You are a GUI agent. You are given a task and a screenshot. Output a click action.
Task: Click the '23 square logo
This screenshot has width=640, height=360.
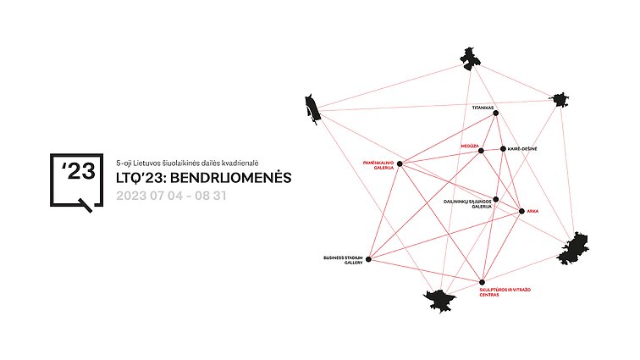click(76, 180)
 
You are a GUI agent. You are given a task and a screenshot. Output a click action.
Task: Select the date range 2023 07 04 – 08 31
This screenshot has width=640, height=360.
click(171, 196)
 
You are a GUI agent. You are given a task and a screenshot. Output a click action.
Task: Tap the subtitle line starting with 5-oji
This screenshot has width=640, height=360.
click(187, 163)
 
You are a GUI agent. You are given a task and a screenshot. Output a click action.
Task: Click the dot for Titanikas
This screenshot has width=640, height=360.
click(496, 114)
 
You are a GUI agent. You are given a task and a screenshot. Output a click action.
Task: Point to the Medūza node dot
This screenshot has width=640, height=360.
click(481, 151)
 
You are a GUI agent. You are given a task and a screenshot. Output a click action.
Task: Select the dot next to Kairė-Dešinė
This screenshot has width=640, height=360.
click(503, 149)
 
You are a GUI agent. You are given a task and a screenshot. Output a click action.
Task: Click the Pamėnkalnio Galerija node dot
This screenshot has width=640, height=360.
click(400, 163)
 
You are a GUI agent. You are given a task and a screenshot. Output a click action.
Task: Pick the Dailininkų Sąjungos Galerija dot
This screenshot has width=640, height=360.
click(495, 199)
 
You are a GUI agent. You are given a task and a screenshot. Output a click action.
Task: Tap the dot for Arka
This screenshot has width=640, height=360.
click(521, 211)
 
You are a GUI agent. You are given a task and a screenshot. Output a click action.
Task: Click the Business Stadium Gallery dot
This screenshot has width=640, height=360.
click(368, 259)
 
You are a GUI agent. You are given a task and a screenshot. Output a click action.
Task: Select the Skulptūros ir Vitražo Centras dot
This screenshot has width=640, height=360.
click(482, 282)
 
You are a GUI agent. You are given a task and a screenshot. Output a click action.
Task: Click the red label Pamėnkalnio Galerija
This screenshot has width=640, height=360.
click(378, 165)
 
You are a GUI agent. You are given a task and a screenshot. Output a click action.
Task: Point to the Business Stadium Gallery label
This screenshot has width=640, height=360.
click(343, 260)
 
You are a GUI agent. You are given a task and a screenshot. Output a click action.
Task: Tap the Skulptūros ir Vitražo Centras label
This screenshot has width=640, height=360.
click(505, 292)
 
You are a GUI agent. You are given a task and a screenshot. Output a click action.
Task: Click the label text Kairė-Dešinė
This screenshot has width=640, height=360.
click(522, 149)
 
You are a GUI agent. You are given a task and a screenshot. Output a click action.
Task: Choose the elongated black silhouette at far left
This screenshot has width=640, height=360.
click(313, 108)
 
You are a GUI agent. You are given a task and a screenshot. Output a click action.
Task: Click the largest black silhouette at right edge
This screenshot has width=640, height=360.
click(573, 248)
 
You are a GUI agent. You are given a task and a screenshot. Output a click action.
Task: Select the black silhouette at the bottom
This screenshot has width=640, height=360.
click(439, 302)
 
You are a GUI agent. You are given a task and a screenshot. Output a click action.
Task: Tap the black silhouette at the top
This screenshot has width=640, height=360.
click(470, 58)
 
